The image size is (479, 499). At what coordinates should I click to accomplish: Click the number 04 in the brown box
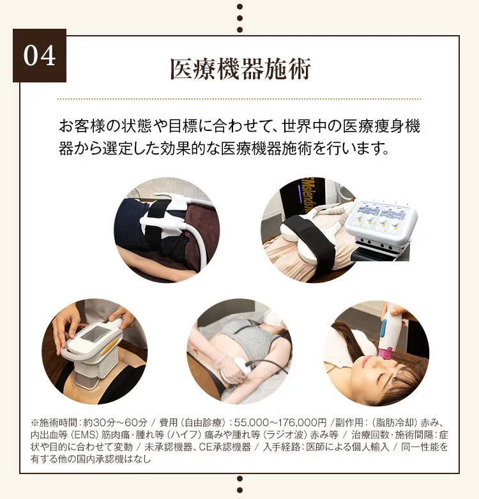(x=40, y=56)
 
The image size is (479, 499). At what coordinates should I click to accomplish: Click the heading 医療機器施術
(x=240, y=69)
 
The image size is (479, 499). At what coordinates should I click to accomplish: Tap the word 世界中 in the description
(x=304, y=126)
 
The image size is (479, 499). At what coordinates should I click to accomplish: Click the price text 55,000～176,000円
(x=280, y=422)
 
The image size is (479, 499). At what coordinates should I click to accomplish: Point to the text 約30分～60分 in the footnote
(x=116, y=422)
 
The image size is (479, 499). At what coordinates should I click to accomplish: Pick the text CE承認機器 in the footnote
(x=225, y=447)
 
